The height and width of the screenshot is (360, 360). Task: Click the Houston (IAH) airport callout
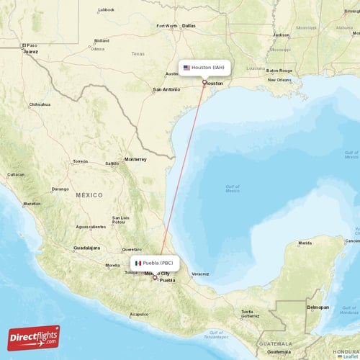click(204, 68)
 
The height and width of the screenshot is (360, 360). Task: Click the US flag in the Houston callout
click(186, 68)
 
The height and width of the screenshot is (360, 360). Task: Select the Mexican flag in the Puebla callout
click(138, 263)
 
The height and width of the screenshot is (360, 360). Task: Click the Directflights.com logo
click(34, 336)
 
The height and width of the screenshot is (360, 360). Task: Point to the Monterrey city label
click(135, 159)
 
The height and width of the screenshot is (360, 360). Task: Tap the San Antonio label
click(166, 89)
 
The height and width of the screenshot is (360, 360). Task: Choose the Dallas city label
click(189, 26)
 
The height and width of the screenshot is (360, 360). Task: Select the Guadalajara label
click(87, 248)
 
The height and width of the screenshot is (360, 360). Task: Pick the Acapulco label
click(138, 314)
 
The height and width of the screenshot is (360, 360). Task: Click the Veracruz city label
click(201, 274)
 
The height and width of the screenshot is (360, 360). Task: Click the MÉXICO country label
click(90, 195)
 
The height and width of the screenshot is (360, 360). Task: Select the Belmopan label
click(318, 307)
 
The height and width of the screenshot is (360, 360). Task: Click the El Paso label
click(30, 45)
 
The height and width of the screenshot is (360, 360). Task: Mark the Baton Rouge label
click(279, 71)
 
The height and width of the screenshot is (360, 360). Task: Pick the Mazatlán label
click(32, 204)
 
